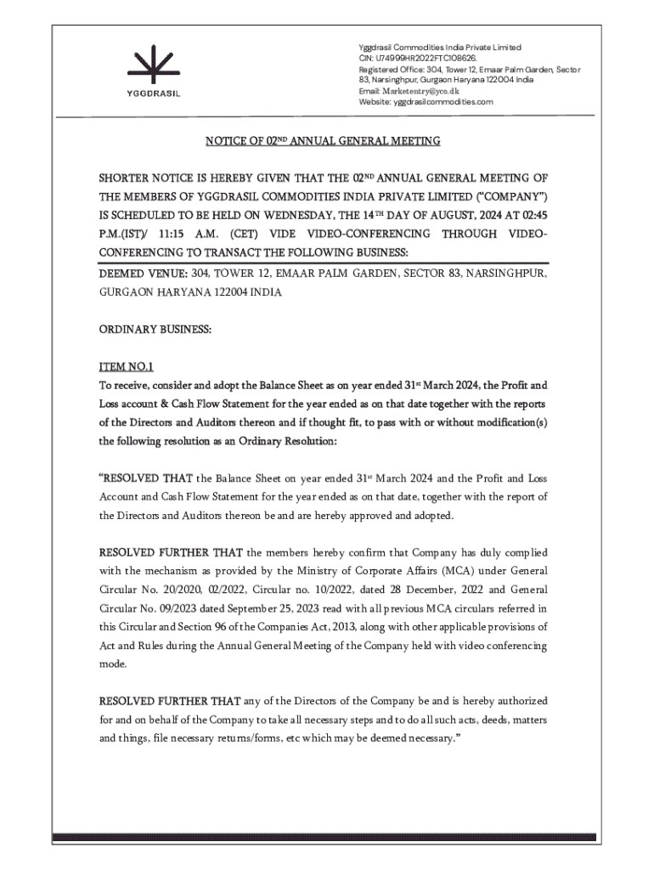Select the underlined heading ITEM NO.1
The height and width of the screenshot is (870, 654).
(x=127, y=367)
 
